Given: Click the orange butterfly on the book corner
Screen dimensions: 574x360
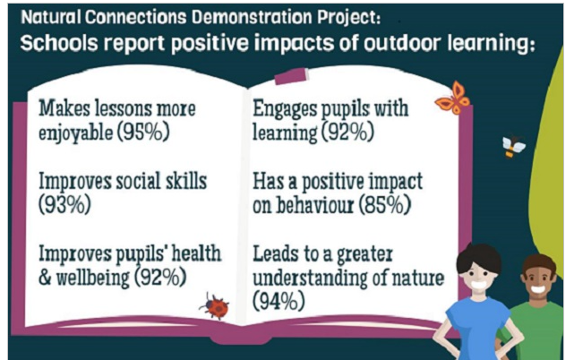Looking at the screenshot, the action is tap(453, 99).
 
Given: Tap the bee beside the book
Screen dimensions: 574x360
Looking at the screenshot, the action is tap(513, 147).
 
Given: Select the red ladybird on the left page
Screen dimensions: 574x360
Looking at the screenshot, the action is tap(215, 306).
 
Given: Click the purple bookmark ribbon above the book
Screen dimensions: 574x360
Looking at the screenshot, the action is tap(291, 76).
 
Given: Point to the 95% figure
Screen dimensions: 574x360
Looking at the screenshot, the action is tap(143, 132).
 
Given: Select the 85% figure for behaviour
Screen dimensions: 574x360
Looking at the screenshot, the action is tap(384, 205).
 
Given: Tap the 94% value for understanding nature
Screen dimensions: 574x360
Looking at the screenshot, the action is tap(279, 301).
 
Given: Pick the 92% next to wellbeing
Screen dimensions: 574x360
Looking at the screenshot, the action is tap(160, 277).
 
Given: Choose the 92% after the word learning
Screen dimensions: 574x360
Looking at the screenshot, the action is tap(347, 132).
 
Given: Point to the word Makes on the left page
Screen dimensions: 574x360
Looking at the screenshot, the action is tap(64, 108).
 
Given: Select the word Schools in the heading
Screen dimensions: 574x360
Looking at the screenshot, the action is tap(59, 43).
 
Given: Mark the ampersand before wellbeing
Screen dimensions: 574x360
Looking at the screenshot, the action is tap(45, 278).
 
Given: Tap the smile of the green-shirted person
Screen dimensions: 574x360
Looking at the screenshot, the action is tap(537, 289).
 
